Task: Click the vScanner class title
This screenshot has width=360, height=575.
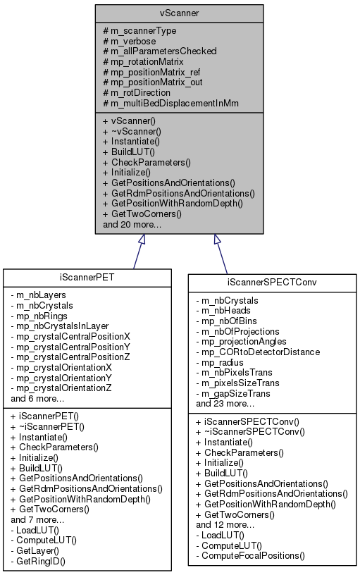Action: pos(180,13)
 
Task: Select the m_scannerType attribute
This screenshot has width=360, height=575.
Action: pos(139,30)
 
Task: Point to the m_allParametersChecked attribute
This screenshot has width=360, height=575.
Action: pos(159,51)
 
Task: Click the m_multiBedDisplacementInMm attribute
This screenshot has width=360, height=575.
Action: pos(170,103)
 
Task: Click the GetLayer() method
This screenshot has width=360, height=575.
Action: pos(40,550)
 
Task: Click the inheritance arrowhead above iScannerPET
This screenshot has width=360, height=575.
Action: pos(142,240)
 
